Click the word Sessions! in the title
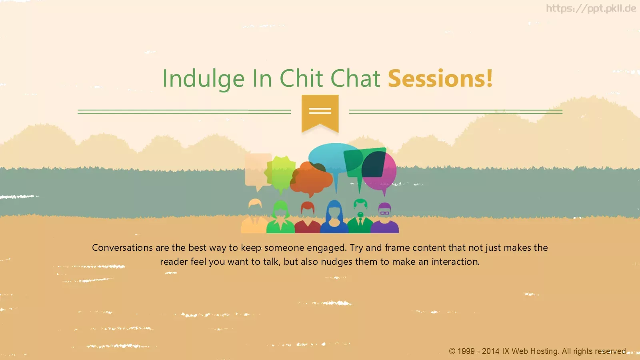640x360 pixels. (440, 78)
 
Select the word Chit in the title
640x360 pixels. (301, 78)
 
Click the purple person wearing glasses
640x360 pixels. (384, 218)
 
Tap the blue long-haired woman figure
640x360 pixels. (334, 217)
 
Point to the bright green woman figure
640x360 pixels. (280, 217)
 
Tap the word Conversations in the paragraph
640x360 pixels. (122, 248)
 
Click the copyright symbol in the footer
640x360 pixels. (452, 351)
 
